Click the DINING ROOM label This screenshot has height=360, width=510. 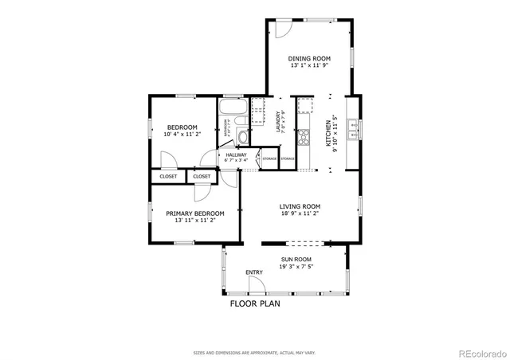309,58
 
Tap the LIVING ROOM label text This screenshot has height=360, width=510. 299,206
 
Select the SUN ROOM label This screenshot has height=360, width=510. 296,260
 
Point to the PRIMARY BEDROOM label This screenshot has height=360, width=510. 194,213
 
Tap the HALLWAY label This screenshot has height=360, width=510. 237,155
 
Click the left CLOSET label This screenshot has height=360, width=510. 168,176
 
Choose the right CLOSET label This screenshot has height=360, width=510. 202,176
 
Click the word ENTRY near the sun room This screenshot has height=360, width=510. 254,273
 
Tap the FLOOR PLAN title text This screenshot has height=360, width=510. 255,303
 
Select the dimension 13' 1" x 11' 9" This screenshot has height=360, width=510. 309,66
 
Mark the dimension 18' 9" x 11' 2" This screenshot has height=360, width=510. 299,213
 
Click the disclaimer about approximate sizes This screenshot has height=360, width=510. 254,351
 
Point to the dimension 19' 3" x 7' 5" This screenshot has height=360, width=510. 296,267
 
